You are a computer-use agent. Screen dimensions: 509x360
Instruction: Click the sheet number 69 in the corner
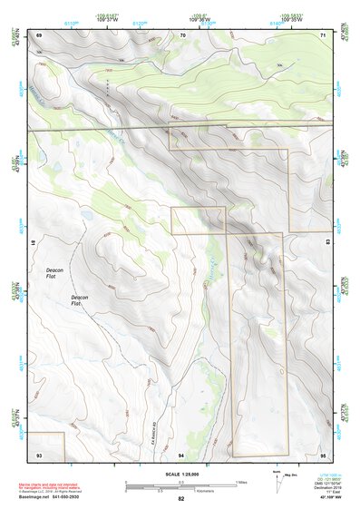point(39,34)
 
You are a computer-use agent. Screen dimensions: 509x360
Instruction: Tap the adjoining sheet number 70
point(182,34)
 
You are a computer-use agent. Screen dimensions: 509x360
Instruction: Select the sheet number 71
point(324,34)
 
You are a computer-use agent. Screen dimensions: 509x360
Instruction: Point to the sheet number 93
point(39,453)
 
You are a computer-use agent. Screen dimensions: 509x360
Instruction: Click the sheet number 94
point(182,453)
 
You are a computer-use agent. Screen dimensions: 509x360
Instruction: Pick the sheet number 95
point(324,453)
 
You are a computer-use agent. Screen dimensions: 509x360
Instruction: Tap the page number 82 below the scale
point(181,499)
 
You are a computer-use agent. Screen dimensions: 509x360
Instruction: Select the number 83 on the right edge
point(327,243)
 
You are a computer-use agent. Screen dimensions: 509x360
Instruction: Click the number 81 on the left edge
point(35,243)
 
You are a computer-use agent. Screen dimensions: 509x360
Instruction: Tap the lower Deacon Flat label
point(80,300)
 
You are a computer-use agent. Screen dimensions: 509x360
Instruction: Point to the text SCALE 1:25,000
point(181,473)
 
